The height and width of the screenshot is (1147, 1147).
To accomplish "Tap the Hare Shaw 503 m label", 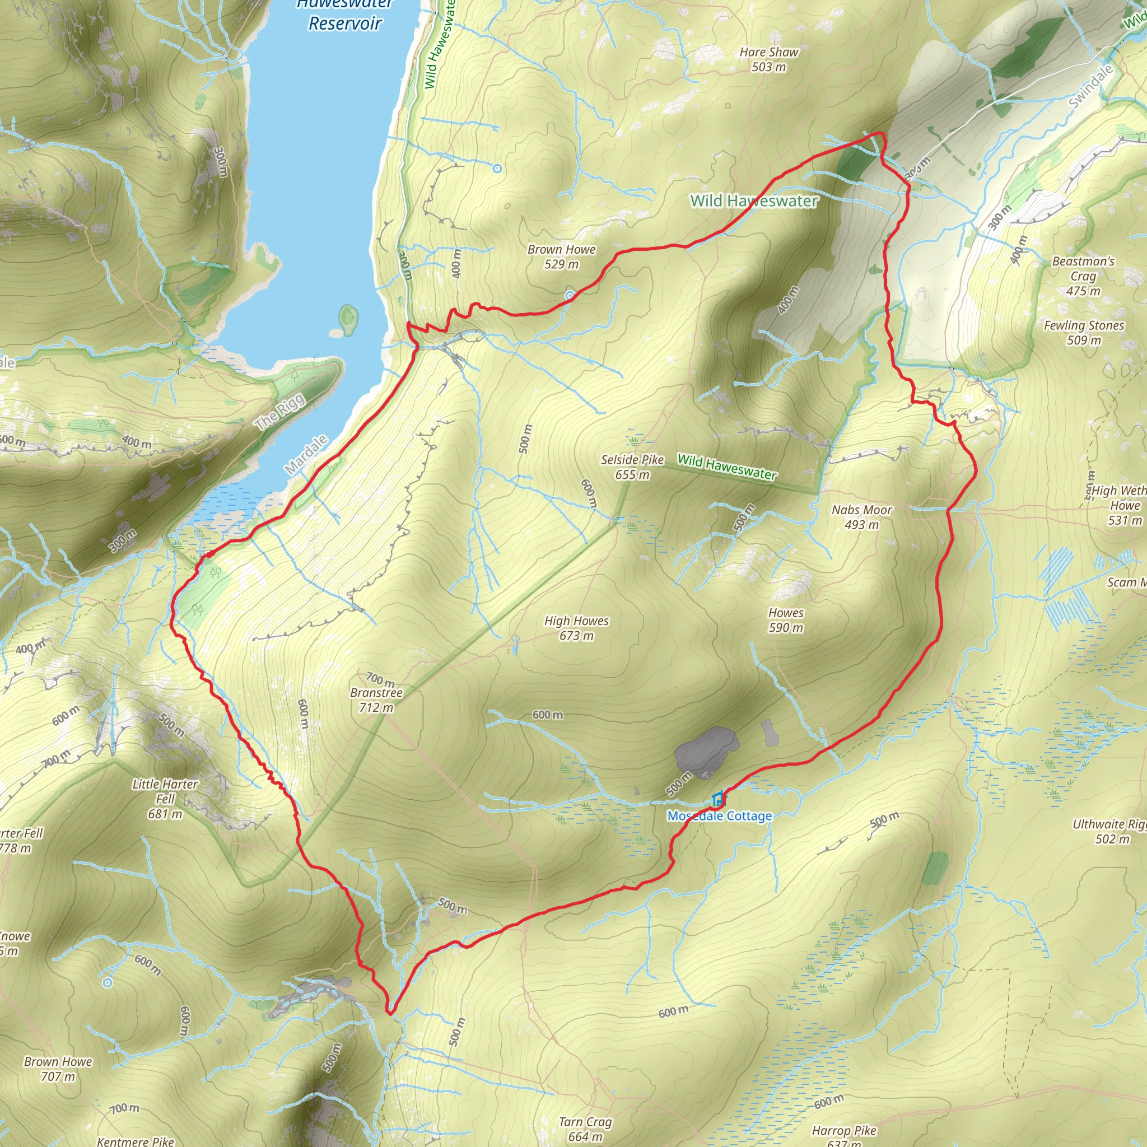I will tap(769, 59).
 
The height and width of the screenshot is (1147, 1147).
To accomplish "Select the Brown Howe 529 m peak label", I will tap(561, 257).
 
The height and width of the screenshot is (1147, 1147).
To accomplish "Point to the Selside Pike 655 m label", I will tap(632, 467).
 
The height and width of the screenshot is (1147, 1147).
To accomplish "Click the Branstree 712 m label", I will tap(376, 700).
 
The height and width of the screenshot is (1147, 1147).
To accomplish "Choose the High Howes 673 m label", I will tap(576, 627).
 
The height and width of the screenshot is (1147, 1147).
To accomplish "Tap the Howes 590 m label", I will tap(785, 620).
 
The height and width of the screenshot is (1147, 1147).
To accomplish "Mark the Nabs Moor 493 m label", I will tap(861, 516).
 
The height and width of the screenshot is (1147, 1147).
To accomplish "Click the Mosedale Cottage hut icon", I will tap(719, 799).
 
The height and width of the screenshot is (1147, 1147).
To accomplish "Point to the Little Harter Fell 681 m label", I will tap(165, 799).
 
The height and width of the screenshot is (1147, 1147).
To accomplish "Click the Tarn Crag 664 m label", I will tap(585, 1129).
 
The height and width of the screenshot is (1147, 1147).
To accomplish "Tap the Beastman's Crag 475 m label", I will tap(1083, 276).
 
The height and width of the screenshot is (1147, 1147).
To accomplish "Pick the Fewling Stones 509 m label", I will tap(1084, 333).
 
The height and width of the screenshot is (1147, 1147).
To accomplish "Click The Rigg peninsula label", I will tap(279, 412).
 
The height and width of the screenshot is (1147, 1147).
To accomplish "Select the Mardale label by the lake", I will tap(306, 455).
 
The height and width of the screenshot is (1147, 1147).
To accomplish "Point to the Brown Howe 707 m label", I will tap(58, 1069).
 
